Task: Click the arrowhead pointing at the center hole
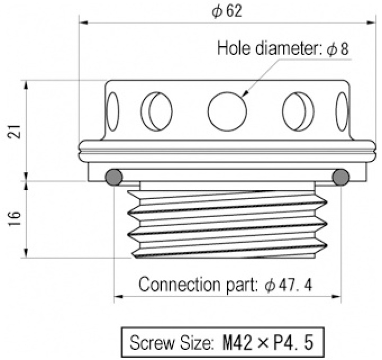click(x=245, y=94)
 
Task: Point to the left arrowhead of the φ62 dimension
click(x=83, y=23)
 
